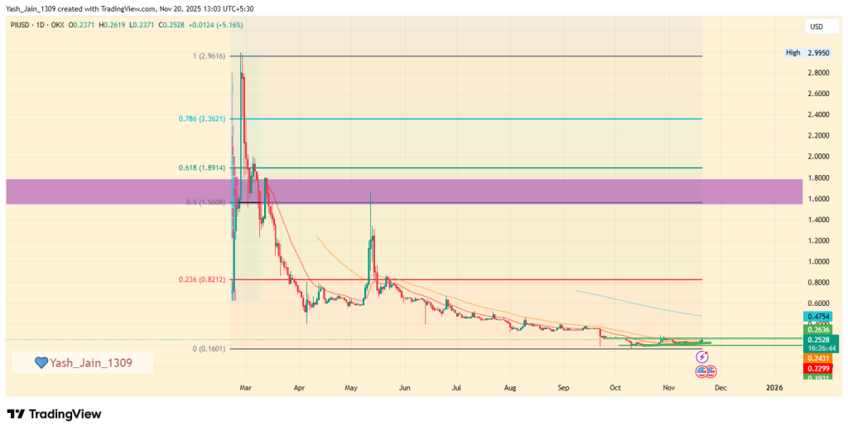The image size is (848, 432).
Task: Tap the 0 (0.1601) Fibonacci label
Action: click(x=210, y=349)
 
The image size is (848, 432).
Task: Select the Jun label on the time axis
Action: click(x=404, y=387)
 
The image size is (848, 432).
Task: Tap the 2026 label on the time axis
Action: click(x=773, y=387)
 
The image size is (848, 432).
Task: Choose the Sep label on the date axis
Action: click(x=563, y=387)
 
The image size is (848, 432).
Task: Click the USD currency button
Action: click(x=817, y=27)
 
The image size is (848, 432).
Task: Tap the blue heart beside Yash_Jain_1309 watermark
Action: click(x=40, y=362)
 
